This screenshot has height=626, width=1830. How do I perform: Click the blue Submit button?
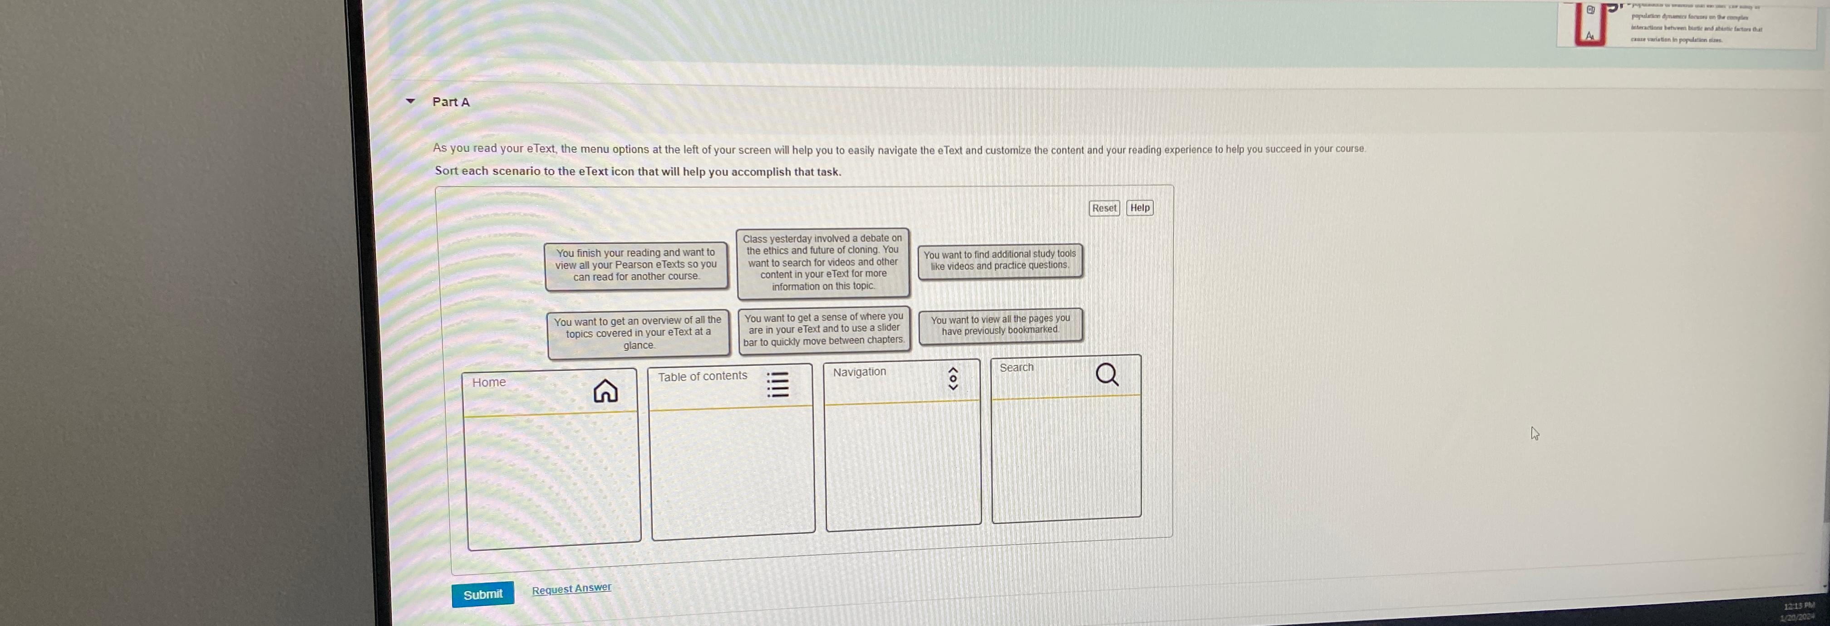[482, 594]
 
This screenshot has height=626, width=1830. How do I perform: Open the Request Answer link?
[571, 588]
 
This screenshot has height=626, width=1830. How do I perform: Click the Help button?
[1140, 208]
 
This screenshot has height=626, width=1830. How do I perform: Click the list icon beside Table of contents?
[778, 384]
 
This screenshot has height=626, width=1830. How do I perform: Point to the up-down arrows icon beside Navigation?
[954, 379]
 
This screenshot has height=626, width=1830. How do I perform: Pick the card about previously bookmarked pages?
[1000, 325]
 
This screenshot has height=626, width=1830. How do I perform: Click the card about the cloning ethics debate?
[823, 262]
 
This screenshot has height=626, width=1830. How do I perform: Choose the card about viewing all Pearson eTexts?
[636, 265]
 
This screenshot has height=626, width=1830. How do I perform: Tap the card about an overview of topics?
[638, 333]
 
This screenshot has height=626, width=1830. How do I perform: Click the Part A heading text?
[450, 102]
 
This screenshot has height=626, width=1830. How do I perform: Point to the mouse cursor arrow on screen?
[1535, 433]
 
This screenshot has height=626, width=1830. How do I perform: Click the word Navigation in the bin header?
[859, 372]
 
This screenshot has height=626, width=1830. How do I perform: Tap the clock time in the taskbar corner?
[1798, 606]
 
